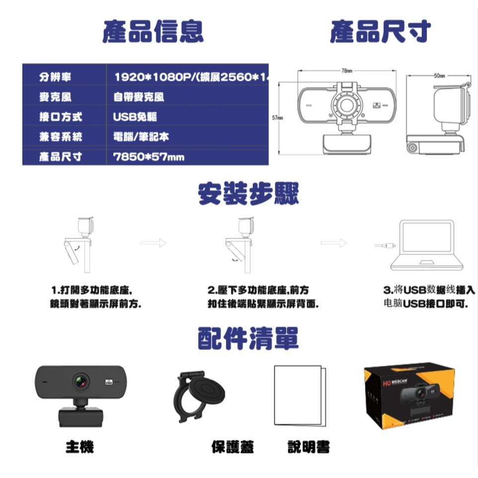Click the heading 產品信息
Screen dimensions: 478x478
(x=153, y=31)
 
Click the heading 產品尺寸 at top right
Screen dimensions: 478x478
(x=380, y=31)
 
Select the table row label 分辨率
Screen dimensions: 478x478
(x=55, y=77)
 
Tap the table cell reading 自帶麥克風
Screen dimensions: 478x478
(x=139, y=97)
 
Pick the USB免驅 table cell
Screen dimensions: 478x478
(x=135, y=117)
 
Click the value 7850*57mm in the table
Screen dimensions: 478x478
(x=149, y=157)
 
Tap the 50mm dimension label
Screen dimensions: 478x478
(x=439, y=75)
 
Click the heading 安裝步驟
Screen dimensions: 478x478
(x=248, y=194)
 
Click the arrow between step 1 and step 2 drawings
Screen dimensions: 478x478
(x=153, y=243)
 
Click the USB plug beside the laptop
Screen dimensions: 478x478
(x=386, y=245)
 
